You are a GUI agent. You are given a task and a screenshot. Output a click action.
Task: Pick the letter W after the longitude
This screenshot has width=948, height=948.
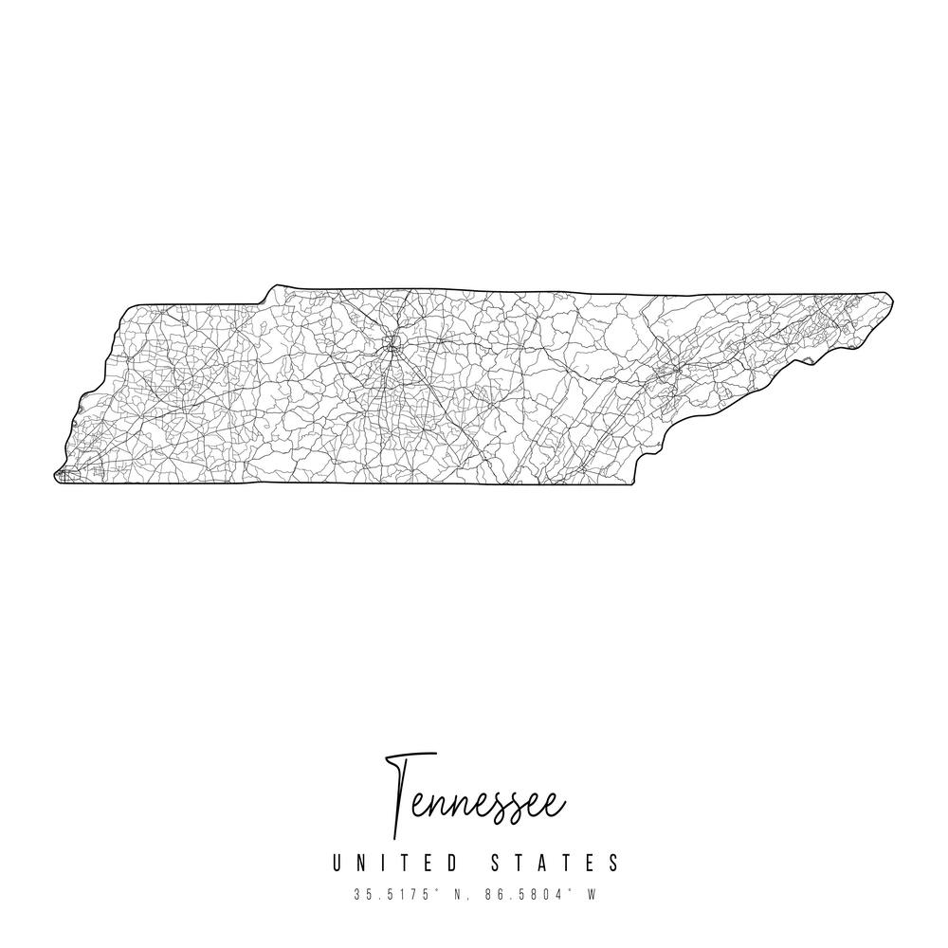[592, 894]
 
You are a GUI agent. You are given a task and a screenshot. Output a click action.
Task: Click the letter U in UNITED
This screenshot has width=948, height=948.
[337, 863]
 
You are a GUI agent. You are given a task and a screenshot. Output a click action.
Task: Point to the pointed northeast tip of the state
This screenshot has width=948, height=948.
[891, 298]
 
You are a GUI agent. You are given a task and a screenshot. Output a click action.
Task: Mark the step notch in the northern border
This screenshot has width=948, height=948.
[267, 295]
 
